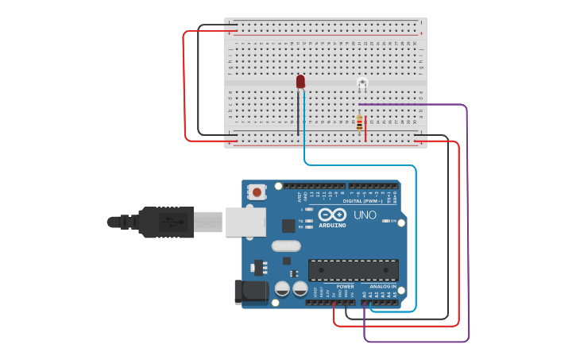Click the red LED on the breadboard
[300, 81]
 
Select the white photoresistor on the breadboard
[362, 83]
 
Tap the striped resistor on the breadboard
[359, 122]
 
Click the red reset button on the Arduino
[257, 192]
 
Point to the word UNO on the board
[365, 215]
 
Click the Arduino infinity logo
[333, 215]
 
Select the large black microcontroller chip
[353, 270]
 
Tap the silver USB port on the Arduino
[245, 222]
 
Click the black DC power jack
[251, 292]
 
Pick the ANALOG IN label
[382, 286]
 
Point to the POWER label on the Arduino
[345, 286]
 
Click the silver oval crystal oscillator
[286, 246]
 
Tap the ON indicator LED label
[391, 221]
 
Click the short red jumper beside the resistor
[365, 130]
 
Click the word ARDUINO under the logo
[333, 225]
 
